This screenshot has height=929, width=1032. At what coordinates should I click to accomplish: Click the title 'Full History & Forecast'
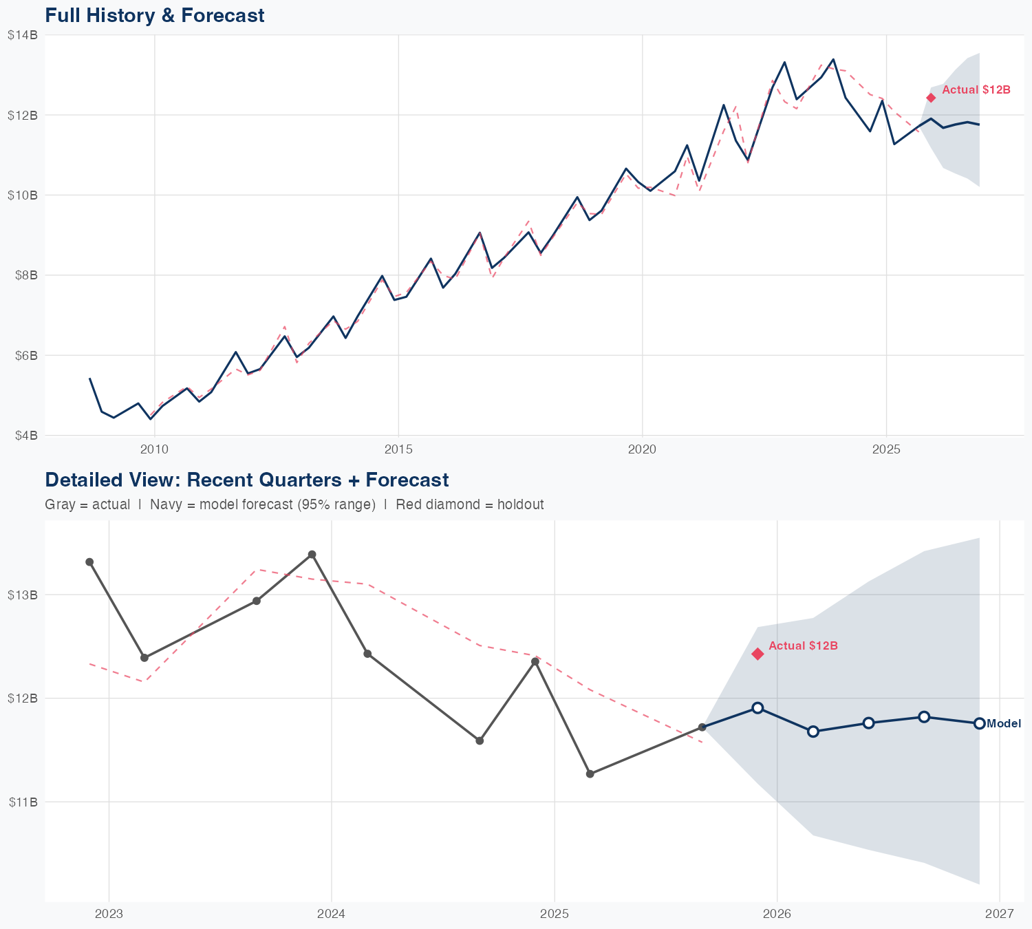tap(154, 15)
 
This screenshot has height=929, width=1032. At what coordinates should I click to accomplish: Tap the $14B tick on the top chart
tap(22, 35)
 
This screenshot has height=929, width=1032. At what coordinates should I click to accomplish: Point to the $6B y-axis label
tap(25, 356)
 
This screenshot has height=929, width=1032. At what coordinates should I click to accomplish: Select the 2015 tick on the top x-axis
tap(398, 450)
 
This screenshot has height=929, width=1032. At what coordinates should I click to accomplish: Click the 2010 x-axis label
tap(154, 450)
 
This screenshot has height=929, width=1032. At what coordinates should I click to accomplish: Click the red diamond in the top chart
tap(931, 98)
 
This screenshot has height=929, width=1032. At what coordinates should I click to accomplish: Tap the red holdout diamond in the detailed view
tap(757, 654)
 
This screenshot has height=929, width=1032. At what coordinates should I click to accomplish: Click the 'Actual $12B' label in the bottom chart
tap(803, 646)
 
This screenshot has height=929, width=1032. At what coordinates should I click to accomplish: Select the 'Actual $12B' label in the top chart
tap(976, 90)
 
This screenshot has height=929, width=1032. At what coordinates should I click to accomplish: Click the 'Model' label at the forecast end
tap(1004, 724)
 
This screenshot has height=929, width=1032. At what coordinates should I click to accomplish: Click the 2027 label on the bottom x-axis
tap(1000, 915)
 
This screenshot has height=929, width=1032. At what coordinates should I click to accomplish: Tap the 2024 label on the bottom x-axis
tap(331, 915)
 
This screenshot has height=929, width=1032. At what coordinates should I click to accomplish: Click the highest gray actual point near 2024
tap(312, 555)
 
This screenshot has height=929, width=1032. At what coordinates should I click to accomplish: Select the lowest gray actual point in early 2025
tap(590, 774)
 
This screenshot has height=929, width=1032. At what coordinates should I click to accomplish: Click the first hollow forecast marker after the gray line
tap(757, 708)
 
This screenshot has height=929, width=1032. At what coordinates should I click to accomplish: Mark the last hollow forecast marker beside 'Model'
tap(980, 723)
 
